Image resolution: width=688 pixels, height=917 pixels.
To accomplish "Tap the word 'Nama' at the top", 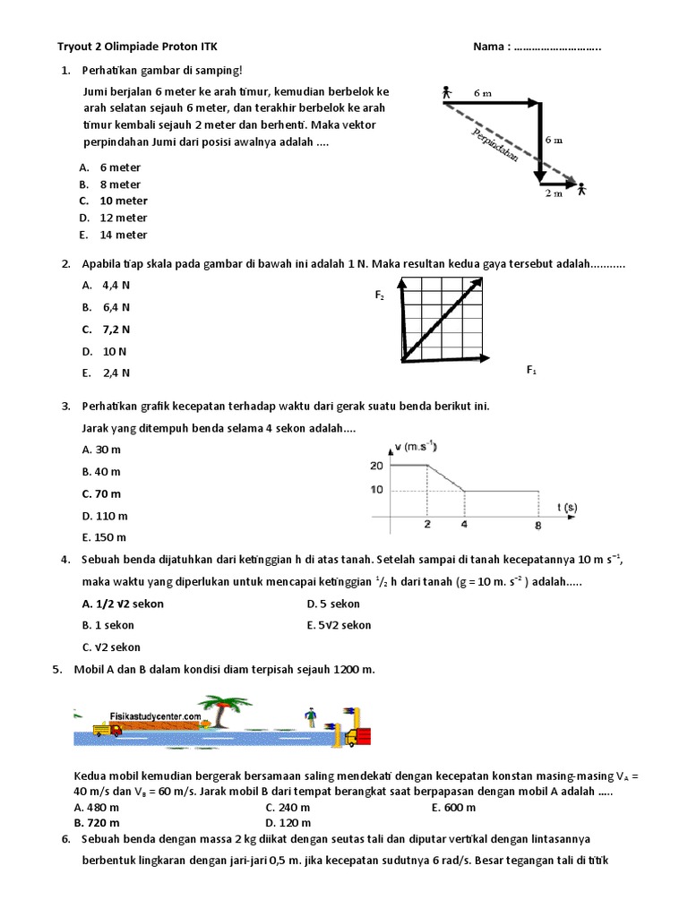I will [491, 46].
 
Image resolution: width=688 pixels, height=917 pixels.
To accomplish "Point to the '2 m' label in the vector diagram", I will [553, 193].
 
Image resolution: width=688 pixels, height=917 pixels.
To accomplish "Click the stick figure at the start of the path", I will [445, 93].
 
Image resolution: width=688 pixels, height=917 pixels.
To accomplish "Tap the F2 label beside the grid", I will [380, 295].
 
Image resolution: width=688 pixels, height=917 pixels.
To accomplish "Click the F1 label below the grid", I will [531, 370].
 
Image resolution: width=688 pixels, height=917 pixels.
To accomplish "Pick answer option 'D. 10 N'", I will [105, 352].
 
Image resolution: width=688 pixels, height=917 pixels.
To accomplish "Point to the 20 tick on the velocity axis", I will [374, 466].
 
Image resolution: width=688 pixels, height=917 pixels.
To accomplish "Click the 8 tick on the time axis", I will [538, 525].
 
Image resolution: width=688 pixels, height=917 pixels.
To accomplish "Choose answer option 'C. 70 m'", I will [101, 493].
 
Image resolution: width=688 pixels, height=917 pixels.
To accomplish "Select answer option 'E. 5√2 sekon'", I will [339, 625].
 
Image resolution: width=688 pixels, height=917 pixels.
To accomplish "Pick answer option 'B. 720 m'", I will [98, 822].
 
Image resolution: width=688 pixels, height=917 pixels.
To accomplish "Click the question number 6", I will [65, 839].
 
